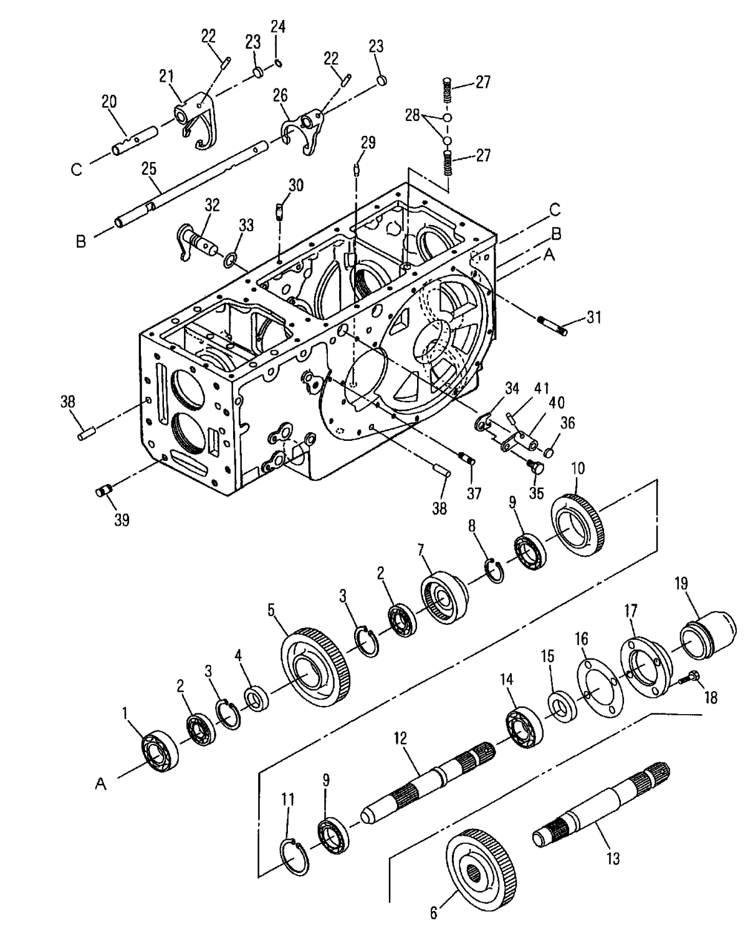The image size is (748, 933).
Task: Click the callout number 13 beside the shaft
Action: point(613,859)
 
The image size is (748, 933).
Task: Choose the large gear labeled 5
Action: point(315,670)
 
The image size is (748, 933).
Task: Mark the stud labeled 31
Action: point(552,326)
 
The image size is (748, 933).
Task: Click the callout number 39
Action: point(122,520)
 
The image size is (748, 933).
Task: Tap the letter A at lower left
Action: point(100,784)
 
